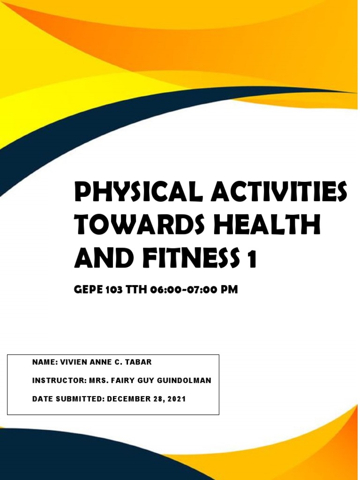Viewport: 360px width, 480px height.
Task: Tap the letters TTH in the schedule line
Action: (136, 290)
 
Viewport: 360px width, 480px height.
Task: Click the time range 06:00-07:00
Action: (184, 290)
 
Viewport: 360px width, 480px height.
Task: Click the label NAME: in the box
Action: (45, 362)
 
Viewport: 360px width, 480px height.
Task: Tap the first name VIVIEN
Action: (75, 362)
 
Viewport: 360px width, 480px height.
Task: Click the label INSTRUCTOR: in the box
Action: (59, 381)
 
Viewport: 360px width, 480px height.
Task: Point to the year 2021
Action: (177, 399)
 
